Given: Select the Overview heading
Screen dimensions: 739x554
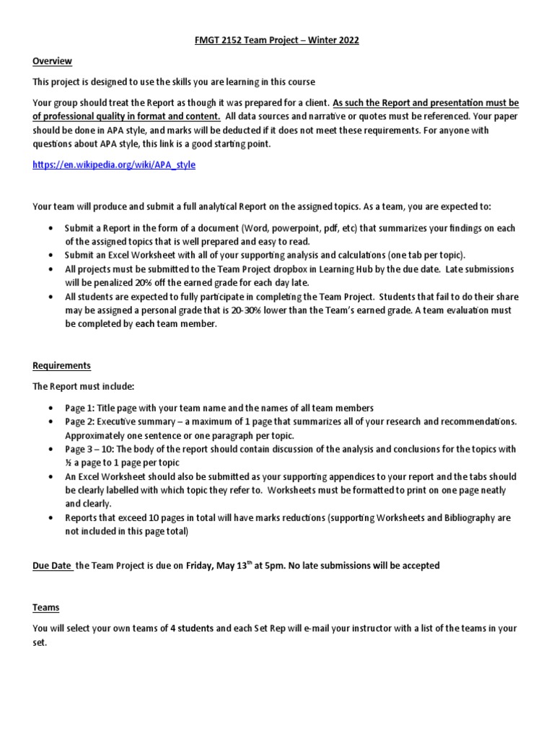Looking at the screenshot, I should point(52,61).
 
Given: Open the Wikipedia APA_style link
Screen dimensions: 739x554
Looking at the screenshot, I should point(114,165).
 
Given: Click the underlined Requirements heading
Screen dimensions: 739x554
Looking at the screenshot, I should point(61,366).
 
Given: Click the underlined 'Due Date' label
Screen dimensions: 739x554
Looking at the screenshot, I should point(52,566).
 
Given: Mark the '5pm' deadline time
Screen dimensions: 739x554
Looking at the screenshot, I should point(270,566).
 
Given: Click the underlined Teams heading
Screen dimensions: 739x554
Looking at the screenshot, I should point(45,608).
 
